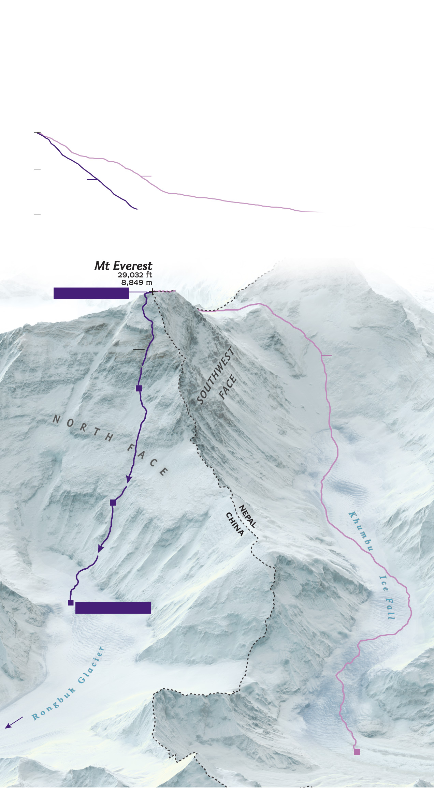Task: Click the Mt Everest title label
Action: pyautogui.click(x=123, y=266)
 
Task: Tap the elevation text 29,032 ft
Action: pyautogui.click(x=135, y=275)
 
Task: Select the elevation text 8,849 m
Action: pyautogui.click(x=136, y=282)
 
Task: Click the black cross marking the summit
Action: pyautogui.click(x=152, y=292)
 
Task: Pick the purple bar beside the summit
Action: pyautogui.click(x=91, y=293)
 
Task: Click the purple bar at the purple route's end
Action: pyautogui.click(x=113, y=607)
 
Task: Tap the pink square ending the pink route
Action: pyautogui.click(x=357, y=752)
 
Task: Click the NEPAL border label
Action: pyautogui.click(x=247, y=516)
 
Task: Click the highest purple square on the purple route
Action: pyautogui.click(x=139, y=388)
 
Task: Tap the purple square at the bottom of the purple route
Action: pyautogui.click(x=71, y=602)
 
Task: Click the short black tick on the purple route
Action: pyautogui.click(x=139, y=350)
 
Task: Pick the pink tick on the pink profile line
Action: pyautogui.click(x=146, y=176)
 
